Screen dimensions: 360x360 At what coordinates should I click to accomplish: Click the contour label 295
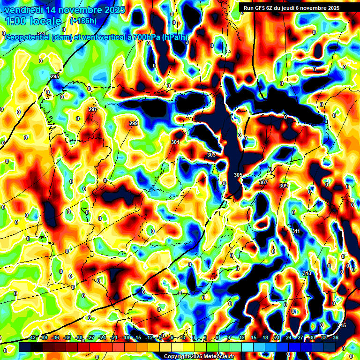[55, 76]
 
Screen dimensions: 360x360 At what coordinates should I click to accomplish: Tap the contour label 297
[93, 109]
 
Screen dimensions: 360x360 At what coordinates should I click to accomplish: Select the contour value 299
[134, 123]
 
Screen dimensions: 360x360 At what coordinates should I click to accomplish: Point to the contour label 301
[175, 142]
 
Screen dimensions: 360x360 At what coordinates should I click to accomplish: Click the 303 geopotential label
[211, 155]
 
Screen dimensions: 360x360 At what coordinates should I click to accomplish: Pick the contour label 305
[238, 175]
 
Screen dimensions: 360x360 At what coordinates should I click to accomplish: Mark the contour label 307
[263, 182]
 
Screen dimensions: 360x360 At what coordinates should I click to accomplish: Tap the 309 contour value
[284, 186]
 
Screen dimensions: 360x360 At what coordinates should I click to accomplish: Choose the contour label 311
[296, 232]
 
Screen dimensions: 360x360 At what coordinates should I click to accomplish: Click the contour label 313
[307, 273]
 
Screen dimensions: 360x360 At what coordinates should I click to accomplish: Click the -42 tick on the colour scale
[32, 337]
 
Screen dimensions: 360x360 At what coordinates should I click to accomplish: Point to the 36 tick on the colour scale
[335, 337]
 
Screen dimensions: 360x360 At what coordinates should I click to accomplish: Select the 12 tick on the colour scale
[242, 337]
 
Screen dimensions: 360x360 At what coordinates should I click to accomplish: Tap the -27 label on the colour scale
[90, 337]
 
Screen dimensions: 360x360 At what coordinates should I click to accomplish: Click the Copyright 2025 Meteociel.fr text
[199, 357]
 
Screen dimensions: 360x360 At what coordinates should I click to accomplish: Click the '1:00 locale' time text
[33, 21]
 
